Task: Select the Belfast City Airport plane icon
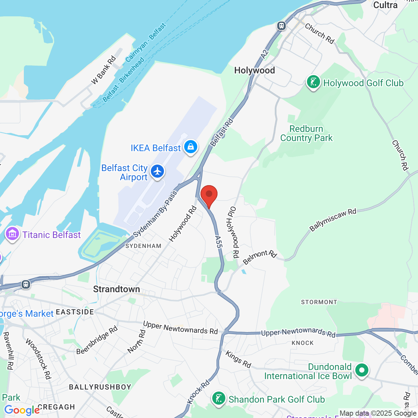click(x=157, y=171)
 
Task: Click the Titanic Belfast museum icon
click(x=12, y=234)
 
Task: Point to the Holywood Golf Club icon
click(x=313, y=82)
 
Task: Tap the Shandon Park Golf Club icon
click(x=218, y=398)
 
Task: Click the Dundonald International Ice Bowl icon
click(x=362, y=370)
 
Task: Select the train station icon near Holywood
click(x=281, y=26)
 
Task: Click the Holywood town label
click(x=254, y=70)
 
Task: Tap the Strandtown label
click(x=116, y=289)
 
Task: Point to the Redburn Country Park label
click(x=306, y=133)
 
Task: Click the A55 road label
click(x=218, y=242)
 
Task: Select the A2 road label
click(x=265, y=54)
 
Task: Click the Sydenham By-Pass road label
click(x=155, y=214)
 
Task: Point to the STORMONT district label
click(x=319, y=302)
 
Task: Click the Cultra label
click(x=385, y=5)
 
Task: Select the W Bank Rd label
click(x=103, y=70)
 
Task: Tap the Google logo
click(x=22, y=410)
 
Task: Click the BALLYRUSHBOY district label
click(x=100, y=387)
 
